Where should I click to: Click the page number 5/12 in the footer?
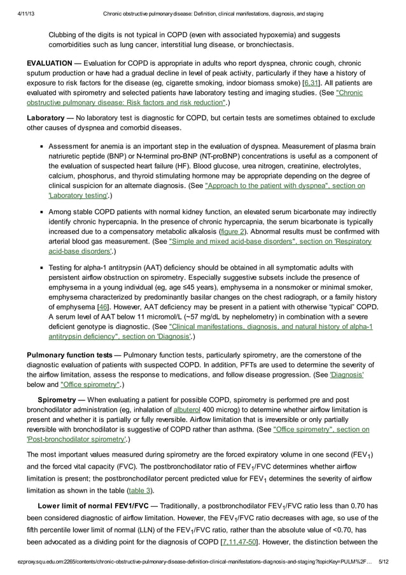coord(386,560)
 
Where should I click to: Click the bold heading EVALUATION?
coord(49,64)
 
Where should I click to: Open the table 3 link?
coord(141,490)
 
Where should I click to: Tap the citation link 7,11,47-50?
coord(240,542)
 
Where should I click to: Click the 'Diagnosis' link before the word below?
coord(347,375)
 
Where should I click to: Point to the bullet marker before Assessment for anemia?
coord(41,146)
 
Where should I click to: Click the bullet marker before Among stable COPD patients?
coord(41,211)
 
